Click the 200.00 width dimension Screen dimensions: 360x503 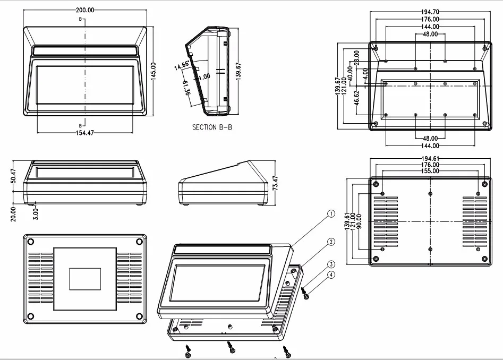point(85,10)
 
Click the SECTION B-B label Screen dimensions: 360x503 point(212,127)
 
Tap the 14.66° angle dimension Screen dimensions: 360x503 point(182,66)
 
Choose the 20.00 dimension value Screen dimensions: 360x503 point(14,213)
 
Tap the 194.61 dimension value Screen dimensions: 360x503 point(430,158)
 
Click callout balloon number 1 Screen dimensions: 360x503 point(330,214)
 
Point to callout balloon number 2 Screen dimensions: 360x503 point(330,242)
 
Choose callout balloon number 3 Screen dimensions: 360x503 point(330,264)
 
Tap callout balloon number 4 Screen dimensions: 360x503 point(330,275)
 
